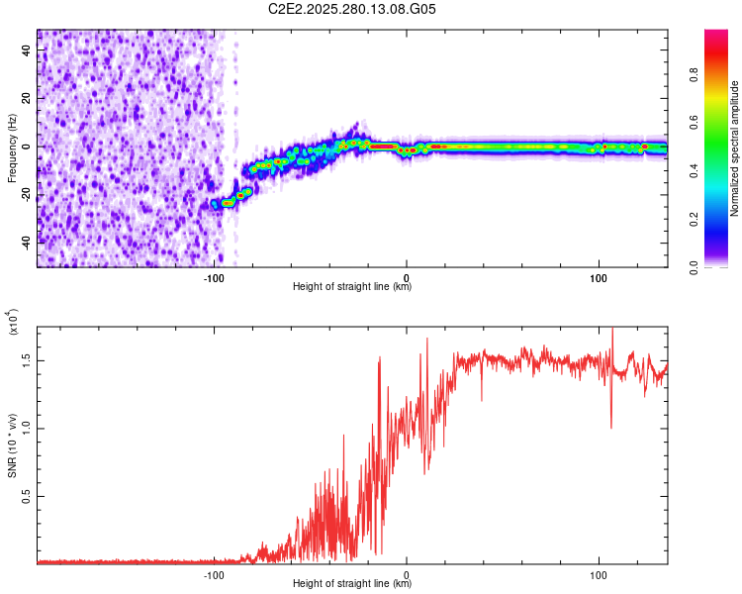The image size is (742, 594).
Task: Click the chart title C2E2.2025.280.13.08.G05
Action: (352, 9)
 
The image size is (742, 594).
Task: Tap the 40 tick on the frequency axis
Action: (27, 51)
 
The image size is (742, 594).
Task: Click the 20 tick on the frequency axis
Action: (27, 99)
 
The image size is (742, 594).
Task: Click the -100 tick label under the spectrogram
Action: (215, 276)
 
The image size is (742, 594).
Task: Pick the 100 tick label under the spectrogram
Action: (599, 276)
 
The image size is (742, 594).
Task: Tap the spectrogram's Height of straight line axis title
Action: (352, 287)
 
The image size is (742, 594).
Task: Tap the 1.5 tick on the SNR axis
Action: (27, 361)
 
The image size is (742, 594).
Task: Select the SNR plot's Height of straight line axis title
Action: (352, 584)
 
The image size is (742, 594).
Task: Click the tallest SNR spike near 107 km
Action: (611, 330)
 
